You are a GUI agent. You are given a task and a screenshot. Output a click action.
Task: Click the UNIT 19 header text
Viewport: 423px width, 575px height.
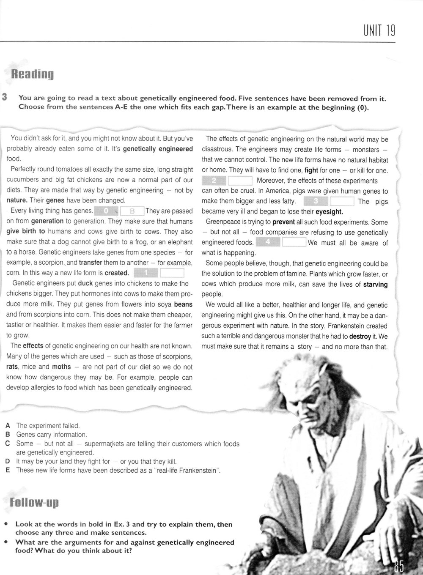tap(379, 31)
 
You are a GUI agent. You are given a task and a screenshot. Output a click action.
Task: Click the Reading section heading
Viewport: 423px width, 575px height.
tap(32, 75)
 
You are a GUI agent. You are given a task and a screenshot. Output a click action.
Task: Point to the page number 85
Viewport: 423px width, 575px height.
tap(398, 565)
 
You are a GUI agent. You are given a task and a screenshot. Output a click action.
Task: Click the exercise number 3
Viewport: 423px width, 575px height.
tap(4, 97)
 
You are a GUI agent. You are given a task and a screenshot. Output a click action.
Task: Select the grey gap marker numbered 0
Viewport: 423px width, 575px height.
tap(106, 211)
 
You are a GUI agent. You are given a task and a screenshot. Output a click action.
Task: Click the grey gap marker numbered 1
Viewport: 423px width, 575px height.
tap(146, 273)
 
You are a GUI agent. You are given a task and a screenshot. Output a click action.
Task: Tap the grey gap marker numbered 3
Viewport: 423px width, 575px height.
tap(316, 202)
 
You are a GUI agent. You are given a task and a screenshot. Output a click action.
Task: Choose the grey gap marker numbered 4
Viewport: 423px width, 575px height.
tap(268, 243)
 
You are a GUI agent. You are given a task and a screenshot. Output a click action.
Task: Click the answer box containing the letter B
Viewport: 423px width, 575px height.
tap(132, 211)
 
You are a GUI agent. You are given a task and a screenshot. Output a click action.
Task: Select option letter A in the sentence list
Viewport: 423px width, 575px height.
tap(8, 426)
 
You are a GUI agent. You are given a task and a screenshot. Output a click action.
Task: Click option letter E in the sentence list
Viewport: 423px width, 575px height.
tap(8, 470)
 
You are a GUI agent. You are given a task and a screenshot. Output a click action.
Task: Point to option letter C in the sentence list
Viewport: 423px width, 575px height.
tap(8, 444)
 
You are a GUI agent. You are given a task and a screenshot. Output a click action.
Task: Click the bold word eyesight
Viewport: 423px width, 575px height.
tap(329, 212)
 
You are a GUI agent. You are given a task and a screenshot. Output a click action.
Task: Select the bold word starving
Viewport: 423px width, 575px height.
tap(375, 285)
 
